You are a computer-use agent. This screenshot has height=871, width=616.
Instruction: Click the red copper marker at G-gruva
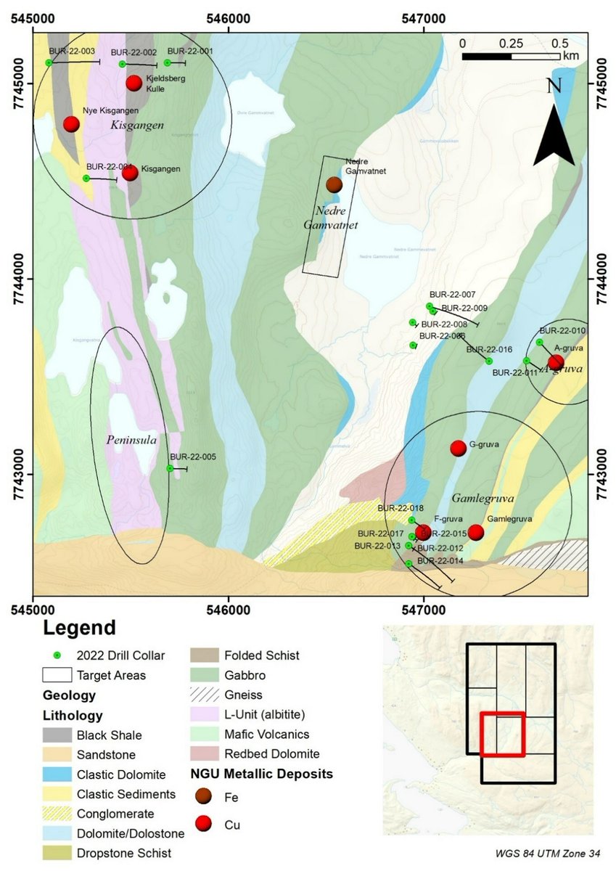click(x=458, y=448)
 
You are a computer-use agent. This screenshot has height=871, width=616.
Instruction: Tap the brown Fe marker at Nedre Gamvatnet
click(x=334, y=185)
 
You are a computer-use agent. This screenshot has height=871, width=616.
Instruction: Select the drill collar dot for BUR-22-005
click(x=170, y=468)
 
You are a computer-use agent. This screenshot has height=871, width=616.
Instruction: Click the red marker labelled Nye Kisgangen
click(x=71, y=124)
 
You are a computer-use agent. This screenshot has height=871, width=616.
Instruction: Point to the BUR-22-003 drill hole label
click(x=72, y=52)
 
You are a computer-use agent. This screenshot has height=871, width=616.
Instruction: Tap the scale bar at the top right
click(x=511, y=56)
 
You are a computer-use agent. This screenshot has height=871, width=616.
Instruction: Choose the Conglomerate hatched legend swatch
click(x=57, y=814)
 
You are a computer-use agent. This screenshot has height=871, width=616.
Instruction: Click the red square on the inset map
click(x=502, y=735)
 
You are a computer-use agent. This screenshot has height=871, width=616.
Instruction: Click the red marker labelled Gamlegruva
click(x=475, y=532)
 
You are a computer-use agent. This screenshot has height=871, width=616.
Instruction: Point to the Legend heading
click(x=79, y=628)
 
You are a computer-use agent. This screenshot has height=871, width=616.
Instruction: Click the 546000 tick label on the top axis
click(x=229, y=14)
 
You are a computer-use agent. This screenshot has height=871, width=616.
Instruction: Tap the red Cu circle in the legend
click(x=207, y=825)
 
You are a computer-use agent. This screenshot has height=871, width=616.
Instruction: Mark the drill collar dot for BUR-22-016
click(x=489, y=361)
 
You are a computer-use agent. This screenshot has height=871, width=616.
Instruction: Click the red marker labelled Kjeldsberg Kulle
click(x=134, y=83)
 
